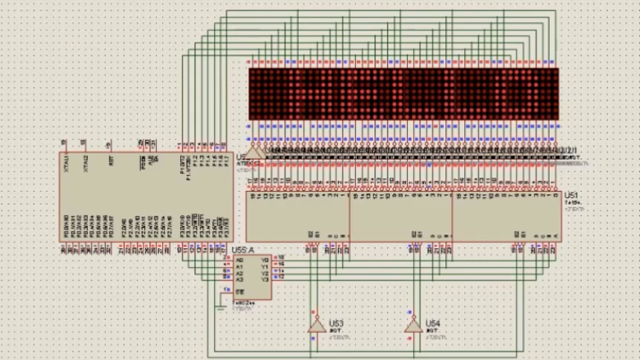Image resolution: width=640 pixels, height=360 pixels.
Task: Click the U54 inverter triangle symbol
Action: (413, 324)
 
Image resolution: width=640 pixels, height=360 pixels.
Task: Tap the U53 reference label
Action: (336, 323)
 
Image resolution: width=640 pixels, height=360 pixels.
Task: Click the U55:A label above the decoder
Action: (241, 250)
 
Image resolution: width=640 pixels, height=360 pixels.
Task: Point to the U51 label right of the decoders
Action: (570, 195)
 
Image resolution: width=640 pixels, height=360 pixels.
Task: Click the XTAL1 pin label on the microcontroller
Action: (66, 161)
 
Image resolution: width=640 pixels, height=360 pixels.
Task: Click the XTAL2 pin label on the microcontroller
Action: (86, 161)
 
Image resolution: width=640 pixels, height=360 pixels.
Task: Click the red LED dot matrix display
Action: (402, 94)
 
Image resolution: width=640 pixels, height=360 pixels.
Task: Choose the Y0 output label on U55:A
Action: (265, 258)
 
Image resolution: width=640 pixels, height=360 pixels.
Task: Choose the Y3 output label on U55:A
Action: (265, 279)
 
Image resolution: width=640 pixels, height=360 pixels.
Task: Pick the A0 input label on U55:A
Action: (239, 258)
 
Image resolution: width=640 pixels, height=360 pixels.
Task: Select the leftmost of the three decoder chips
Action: (298, 216)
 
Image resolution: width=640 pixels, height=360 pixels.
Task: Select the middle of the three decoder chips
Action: (401, 216)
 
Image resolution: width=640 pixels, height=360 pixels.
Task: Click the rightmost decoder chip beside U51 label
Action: (506, 216)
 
